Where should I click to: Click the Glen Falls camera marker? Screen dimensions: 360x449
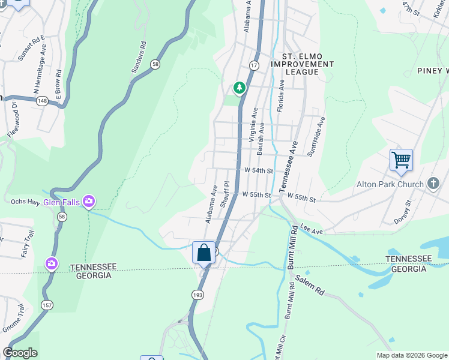tap(89, 200)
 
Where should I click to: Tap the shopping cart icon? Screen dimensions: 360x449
tap(401, 161)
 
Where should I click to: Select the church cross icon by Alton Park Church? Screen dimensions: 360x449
tap(434, 184)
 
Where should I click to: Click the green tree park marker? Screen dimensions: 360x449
tap(240, 88)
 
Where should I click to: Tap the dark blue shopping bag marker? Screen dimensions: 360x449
tap(203, 252)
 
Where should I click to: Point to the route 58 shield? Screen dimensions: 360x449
tap(155, 65)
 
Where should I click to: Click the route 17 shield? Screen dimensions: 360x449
tap(254, 65)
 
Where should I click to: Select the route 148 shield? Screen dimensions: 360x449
tap(43, 101)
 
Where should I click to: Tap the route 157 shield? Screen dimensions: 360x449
tap(47, 305)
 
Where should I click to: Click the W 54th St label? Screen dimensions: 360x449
tap(259, 171)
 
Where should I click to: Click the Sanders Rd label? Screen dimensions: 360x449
tap(138, 58)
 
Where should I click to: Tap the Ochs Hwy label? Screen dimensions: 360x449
tap(25, 202)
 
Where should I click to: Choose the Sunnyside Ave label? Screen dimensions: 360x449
tap(319, 137)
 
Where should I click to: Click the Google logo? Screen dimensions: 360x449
tap(20, 353)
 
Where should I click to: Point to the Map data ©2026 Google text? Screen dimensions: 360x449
tap(411, 355)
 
